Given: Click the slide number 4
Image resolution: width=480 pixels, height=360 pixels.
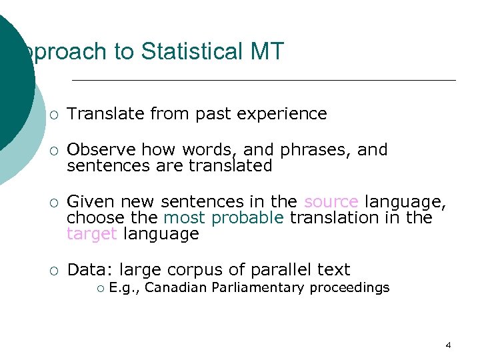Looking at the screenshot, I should [x=447, y=345].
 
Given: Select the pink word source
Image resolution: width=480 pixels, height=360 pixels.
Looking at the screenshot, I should [x=331, y=202].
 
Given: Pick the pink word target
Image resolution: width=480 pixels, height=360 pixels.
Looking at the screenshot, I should [x=92, y=234].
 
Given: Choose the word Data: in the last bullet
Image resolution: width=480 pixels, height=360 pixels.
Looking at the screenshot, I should [x=91, y=270].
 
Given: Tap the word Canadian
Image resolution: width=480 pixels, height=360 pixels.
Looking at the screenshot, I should [x=167, y=288].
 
